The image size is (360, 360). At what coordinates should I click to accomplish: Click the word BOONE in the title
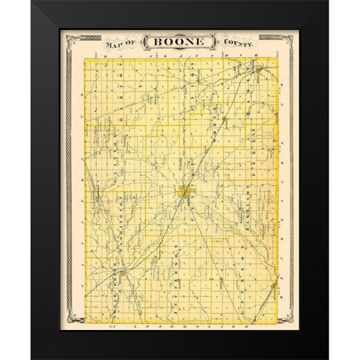(x=180, y=43)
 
